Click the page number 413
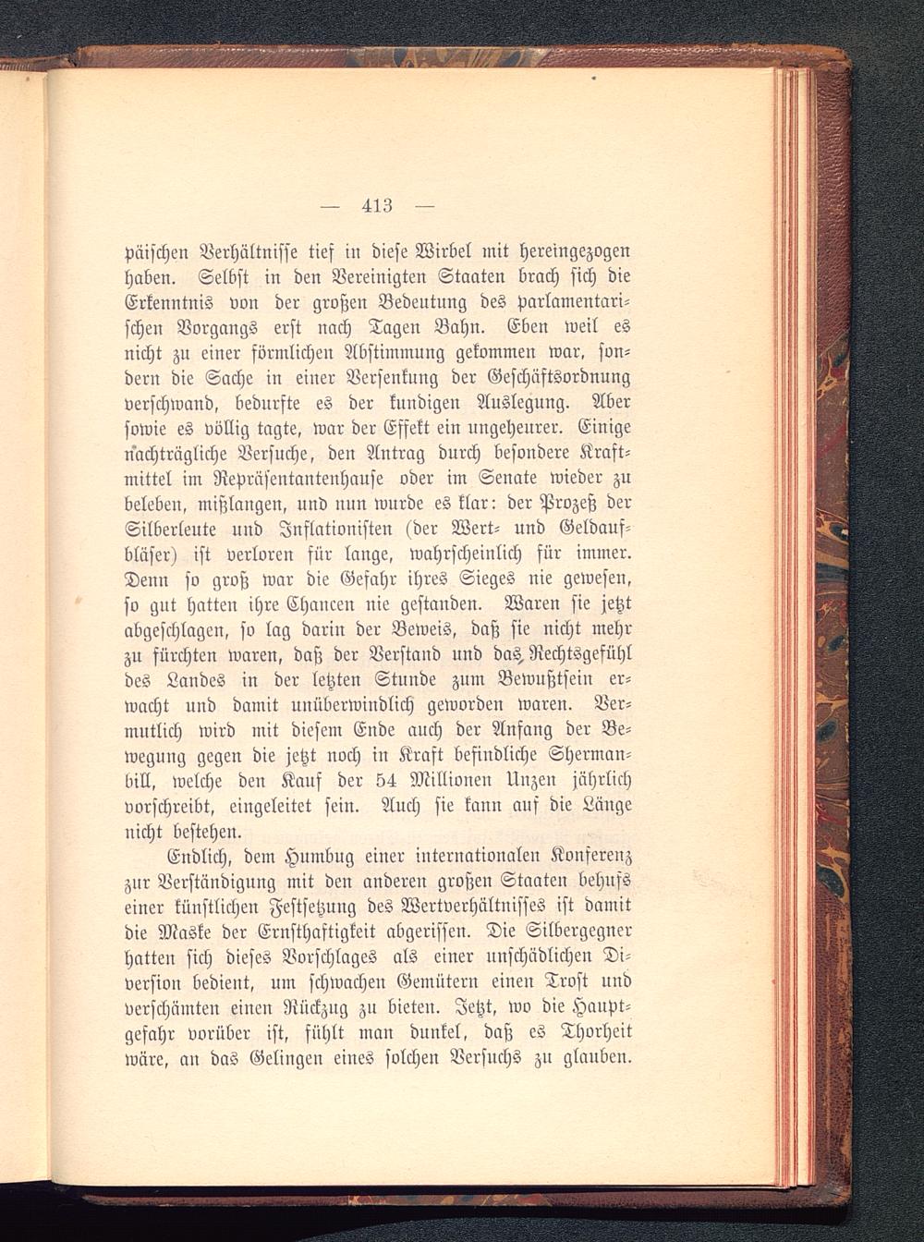click(378, 205)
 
